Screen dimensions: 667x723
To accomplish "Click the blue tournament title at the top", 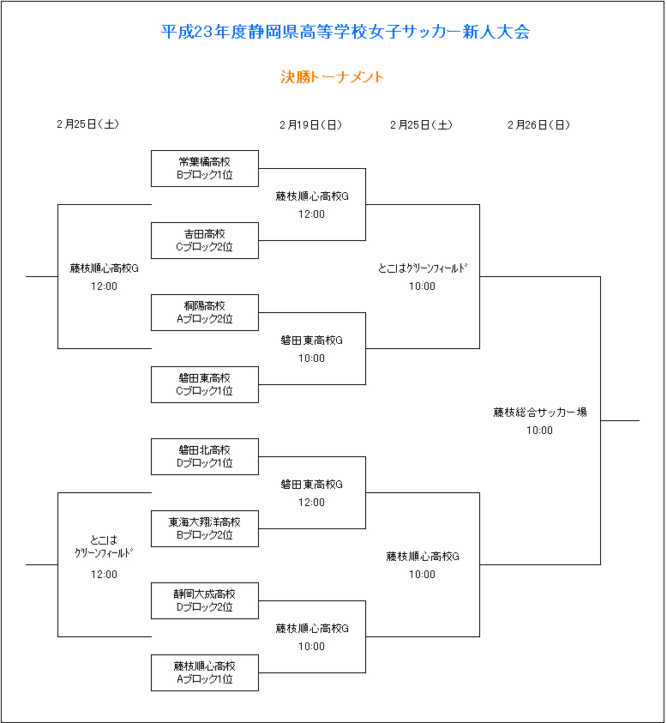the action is (346, 32).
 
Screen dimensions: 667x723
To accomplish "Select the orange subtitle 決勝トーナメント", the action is (332, 76).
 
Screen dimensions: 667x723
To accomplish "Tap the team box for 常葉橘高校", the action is (205, 168).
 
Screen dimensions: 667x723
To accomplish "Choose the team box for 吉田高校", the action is (205, 240).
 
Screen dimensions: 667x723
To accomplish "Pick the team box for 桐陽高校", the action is (205, 313).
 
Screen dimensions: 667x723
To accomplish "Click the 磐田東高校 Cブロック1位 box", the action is (205, 384).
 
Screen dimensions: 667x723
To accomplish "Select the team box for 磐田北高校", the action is (205, 456).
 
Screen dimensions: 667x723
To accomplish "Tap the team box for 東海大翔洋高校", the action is (205, 528).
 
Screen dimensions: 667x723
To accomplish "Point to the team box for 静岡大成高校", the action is (205, 601).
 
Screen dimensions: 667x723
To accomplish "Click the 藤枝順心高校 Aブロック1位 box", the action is (205, 672).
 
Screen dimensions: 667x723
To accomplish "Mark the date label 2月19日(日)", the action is (310, 125).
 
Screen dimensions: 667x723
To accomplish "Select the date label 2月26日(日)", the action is (539, 125).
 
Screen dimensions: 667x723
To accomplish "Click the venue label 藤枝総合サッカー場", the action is (540, 413).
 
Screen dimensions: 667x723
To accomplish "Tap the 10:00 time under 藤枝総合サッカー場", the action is (540, 431).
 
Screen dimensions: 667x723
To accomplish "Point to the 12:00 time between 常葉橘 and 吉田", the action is (311, 214).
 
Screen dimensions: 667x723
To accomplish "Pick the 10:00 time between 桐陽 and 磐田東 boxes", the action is (311, 358).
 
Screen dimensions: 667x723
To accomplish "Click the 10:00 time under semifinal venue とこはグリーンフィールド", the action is (423, 286).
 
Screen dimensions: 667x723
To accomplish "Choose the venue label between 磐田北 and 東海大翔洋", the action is (311, 485).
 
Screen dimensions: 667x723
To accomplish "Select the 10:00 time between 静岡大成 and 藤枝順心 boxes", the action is (311, 647).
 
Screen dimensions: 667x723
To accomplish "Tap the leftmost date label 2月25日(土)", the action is (88, 124).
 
